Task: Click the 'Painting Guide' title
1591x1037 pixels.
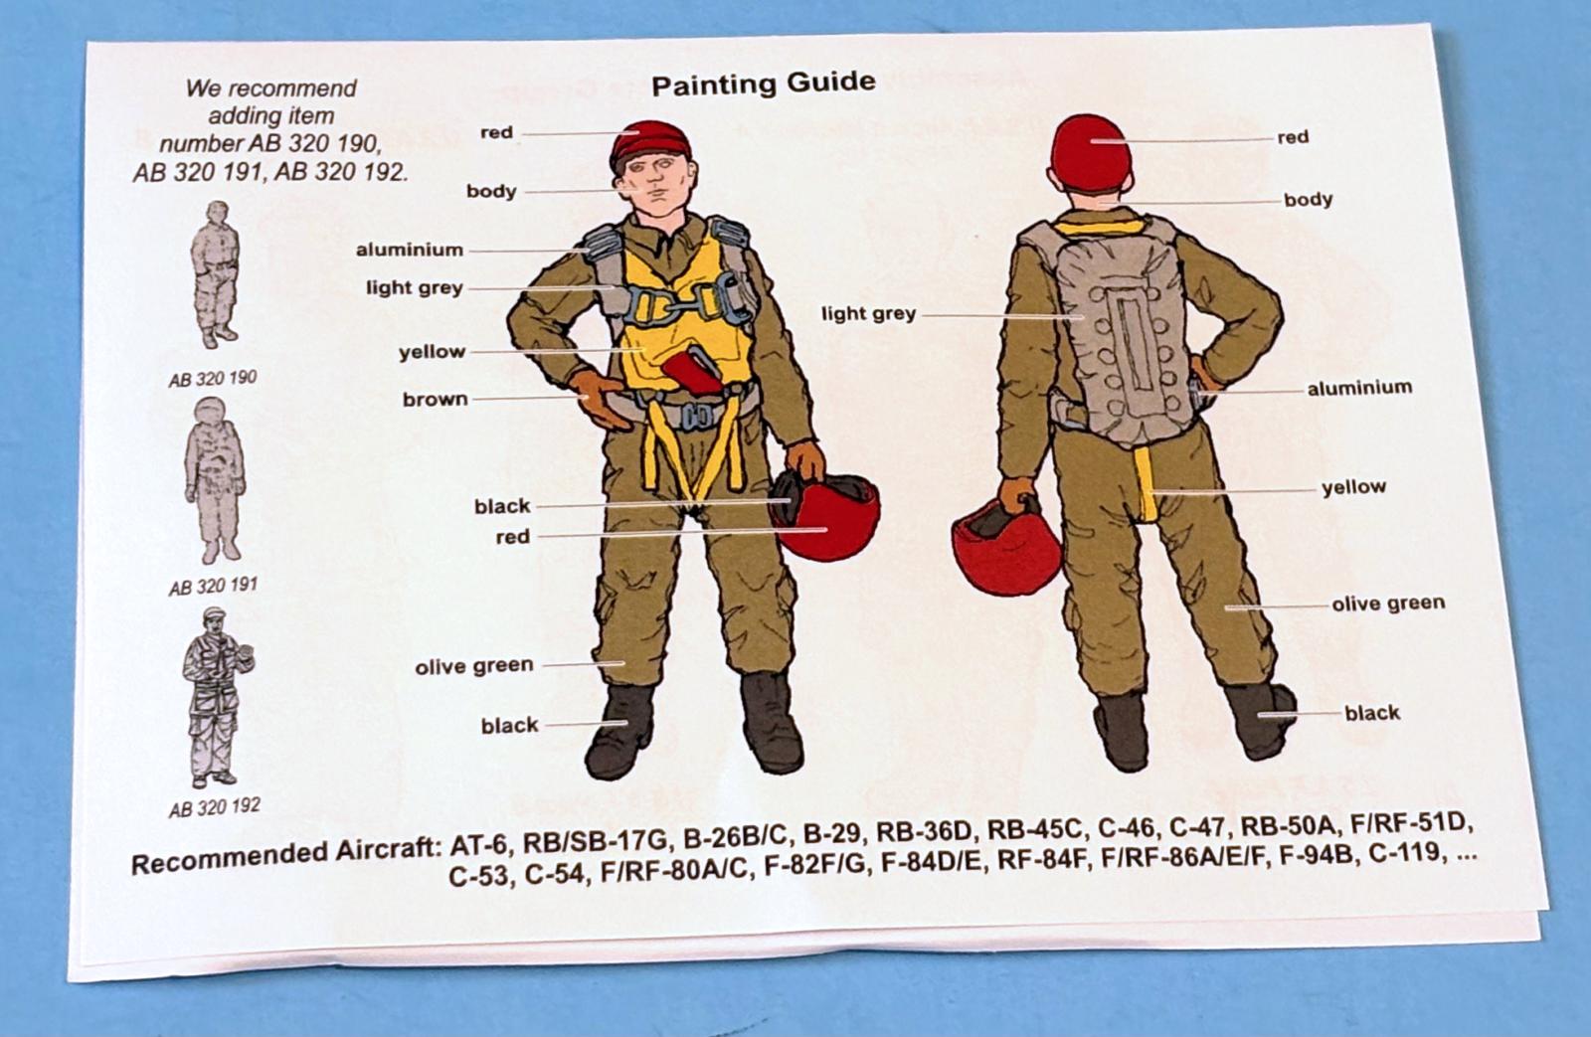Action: pos(764,84)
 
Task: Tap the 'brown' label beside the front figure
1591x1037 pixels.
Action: pos(436,399)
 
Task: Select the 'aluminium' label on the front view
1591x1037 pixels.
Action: pos(409,250)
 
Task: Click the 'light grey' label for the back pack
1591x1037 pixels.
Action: pos(869,313)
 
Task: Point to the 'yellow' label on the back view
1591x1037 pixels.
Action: pos(1353,487)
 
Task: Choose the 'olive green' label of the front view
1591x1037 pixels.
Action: pos(473,666)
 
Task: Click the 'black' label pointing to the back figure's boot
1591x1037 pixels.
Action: pos(1372,713)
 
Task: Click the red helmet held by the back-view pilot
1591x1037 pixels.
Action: pos(1005,546)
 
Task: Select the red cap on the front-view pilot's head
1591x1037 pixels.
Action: pos(650,145)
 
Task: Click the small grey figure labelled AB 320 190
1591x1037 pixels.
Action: pos(215,274)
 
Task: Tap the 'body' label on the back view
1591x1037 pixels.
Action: pos(1308,200)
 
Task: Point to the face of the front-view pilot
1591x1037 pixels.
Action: pos(653,187)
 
